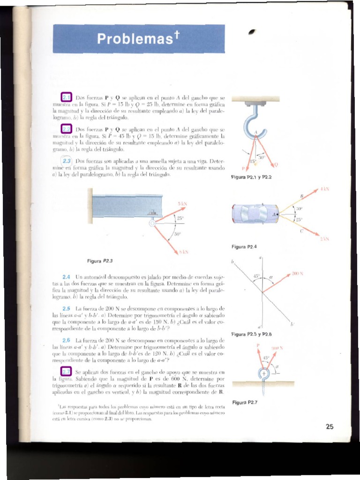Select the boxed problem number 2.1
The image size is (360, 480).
click(67, 98)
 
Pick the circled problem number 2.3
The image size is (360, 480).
click(67, 161)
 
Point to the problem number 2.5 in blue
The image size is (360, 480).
click(66, 308)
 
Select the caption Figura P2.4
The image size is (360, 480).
click(244, 246)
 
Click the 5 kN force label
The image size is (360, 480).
click(182, 203)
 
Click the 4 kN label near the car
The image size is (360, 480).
click(325, 189)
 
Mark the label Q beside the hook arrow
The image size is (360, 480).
click(276, 165)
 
